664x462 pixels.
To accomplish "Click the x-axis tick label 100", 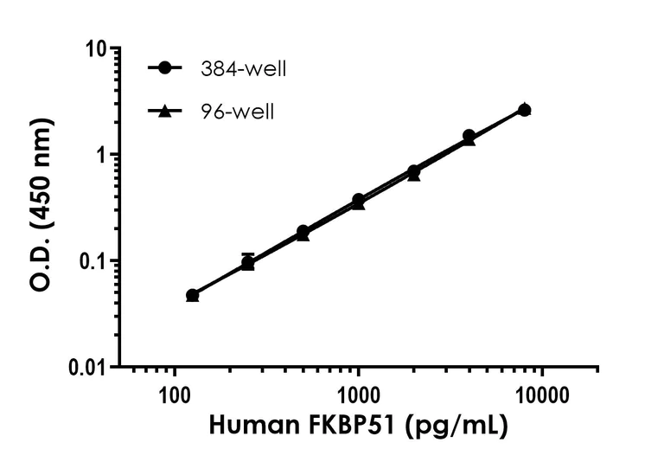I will pos(176,397).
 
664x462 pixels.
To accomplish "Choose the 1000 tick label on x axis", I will pos(358,397).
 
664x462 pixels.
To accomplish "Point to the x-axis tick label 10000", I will pos(541,397).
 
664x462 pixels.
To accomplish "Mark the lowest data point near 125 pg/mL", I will pos(193,295).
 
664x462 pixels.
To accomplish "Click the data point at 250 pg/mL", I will pos(248,262).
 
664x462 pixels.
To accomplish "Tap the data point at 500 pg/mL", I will pos(303,232).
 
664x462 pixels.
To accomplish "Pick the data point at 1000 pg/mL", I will pos(358,201).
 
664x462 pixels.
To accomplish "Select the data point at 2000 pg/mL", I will pos(413,171).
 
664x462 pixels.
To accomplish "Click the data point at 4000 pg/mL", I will pos(469,137).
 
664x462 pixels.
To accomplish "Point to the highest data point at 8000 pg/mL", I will pos(524,110).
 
